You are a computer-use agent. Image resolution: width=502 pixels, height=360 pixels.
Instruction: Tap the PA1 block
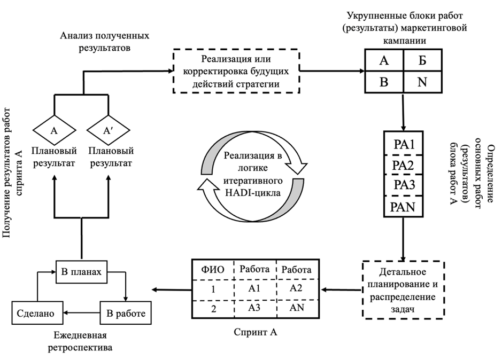pyautogui.click(x=404, y=144)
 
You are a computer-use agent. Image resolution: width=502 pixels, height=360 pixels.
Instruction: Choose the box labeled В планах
pyautogui.click(x=80, y=272)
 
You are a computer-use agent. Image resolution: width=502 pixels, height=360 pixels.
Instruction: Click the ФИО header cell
pyautogui.click(x=213, y=269)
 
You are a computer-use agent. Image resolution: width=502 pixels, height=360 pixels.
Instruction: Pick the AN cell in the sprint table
pyautogui.click(x=296, y=309)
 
